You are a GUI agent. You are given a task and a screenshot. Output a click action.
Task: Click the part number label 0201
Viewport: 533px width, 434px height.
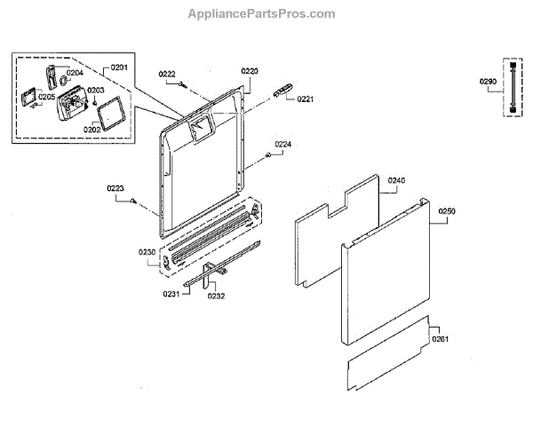tap(119, 67)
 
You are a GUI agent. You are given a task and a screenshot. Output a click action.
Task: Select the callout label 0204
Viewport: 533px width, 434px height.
tap(74, 73)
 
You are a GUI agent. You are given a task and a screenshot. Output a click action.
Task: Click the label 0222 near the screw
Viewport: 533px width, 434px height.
tap(167, 74)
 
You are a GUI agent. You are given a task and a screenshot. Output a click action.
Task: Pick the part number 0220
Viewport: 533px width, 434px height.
tap(250, 70)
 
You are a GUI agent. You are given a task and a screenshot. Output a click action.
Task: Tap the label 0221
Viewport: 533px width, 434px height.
tap(306, 99)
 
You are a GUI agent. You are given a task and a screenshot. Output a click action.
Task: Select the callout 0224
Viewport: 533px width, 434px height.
tap(282, 144)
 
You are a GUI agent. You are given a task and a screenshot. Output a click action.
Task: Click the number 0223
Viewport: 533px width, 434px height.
tap(115, 188)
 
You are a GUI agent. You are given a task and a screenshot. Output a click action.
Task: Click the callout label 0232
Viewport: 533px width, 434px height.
tap(216, 296)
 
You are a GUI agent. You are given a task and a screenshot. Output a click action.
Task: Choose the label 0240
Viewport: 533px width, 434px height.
tap(396, 180)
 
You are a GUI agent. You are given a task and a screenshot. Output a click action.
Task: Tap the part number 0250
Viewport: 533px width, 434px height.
tap(447, 211)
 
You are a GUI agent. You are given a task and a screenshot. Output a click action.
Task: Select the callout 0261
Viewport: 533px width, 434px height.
tap(441, 338)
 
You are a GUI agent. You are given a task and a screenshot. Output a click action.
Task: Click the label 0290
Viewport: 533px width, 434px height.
tap(487, 83)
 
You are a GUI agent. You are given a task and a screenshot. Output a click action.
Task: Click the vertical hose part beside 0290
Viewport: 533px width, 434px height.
tap(512, 90)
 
